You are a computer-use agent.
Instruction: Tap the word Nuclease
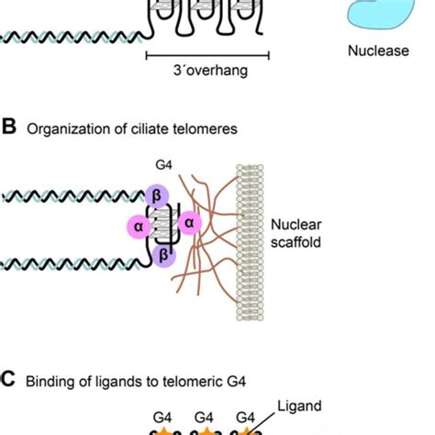tap(378, 51)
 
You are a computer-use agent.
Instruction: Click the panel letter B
tap(9, 128)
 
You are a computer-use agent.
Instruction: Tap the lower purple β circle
tap(165, 255)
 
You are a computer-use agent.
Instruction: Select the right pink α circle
tap(190, 221)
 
